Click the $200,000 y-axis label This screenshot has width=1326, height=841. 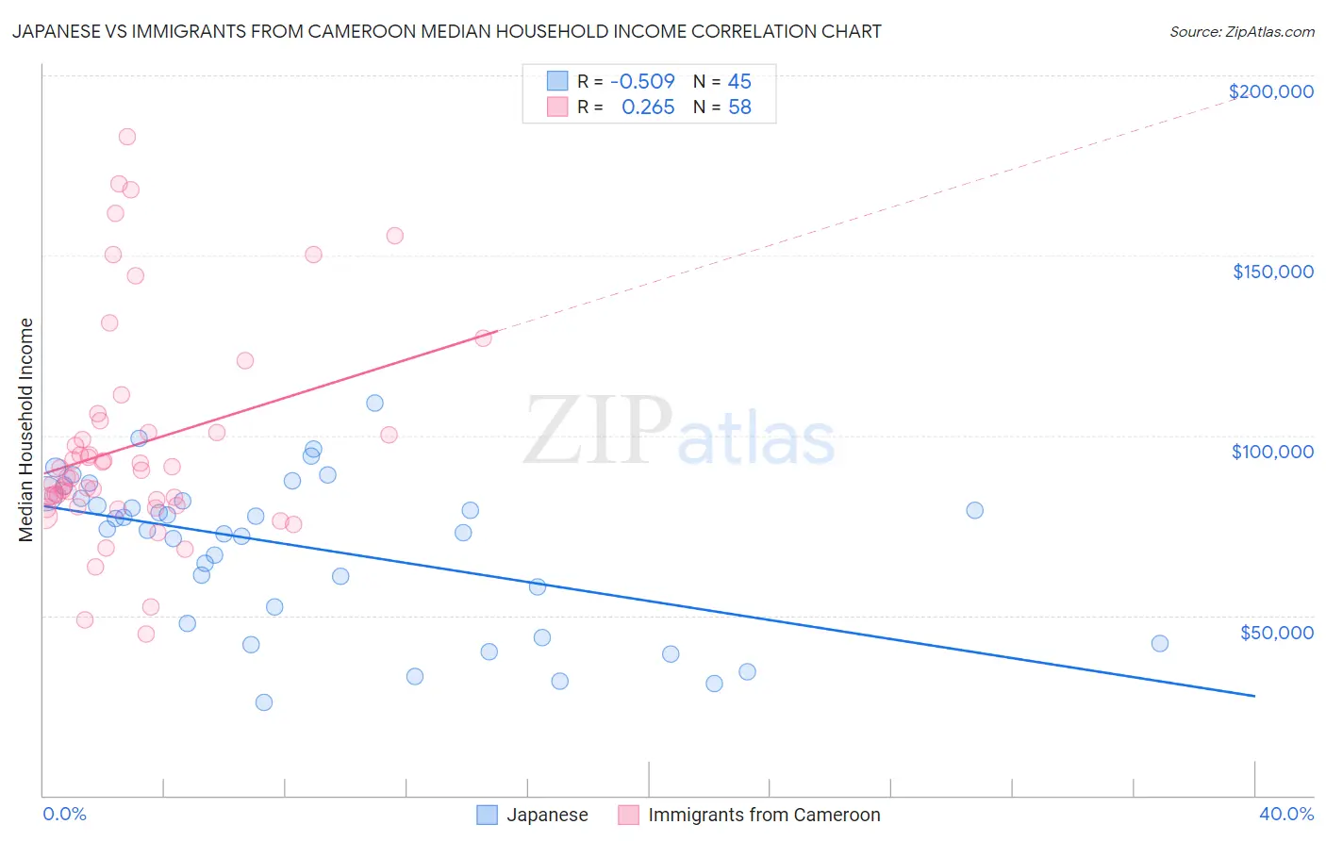(1270, 91)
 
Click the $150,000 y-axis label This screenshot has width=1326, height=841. (1272, 272)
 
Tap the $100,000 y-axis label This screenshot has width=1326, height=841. (1272, 452)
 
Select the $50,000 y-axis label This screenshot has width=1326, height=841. (1276, 632)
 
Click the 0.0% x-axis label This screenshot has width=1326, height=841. (64, 814)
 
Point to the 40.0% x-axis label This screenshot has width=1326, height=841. (1285, 814)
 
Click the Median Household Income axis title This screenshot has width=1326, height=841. (25, 430)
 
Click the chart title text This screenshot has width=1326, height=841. (446, 31)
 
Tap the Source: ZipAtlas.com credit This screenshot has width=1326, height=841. (1241, 31)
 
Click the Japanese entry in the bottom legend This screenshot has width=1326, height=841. (546, 815)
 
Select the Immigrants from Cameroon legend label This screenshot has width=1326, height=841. (763, 815)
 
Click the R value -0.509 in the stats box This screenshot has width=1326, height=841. (642, 81)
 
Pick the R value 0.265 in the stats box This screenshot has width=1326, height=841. (648, 107)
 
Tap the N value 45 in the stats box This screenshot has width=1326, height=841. (739, 81)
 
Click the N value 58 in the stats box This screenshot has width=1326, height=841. (739, 107)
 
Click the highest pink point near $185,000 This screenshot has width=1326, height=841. (127, 137)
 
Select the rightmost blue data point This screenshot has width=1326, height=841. (1160, 644)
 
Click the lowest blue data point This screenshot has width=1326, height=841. (264, 702)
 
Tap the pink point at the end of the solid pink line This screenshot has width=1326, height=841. (484, 338)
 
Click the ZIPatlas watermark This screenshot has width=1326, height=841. (679, 432)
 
